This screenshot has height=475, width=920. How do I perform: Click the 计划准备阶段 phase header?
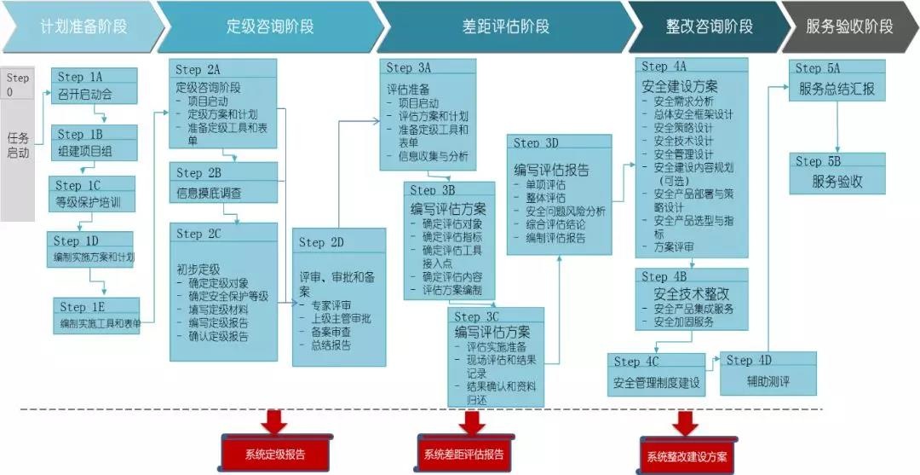(83, 26)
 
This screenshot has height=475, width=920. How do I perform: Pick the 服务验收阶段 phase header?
(848, 26)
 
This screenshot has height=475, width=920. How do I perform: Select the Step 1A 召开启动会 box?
(94, 86)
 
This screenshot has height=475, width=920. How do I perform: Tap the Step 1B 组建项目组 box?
(94, 143)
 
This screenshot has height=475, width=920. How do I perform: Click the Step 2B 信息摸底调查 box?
(223, 183)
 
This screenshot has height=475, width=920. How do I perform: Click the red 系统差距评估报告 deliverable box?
(463, 453)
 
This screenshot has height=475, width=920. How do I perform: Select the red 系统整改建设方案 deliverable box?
(686, 455)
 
